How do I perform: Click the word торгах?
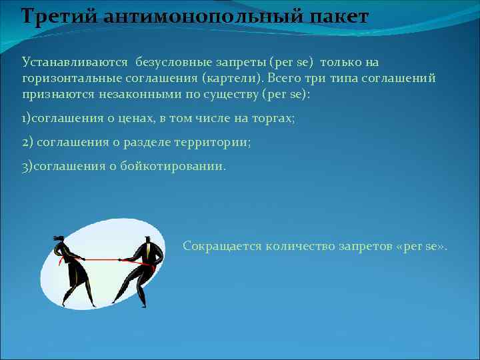(x=273, y=118)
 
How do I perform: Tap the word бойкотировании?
(x=173, y=166)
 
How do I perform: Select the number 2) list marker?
(x=27, y=142)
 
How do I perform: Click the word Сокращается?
(x=222, y=246)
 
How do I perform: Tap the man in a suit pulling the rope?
(x=142, y=267)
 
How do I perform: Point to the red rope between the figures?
(x=107, y=259)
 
